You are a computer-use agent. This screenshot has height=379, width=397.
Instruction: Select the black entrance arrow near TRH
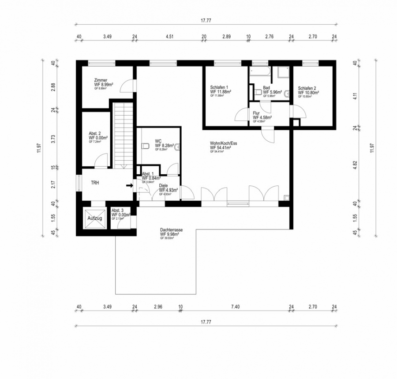pyautogui.click(x=129, y=186)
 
